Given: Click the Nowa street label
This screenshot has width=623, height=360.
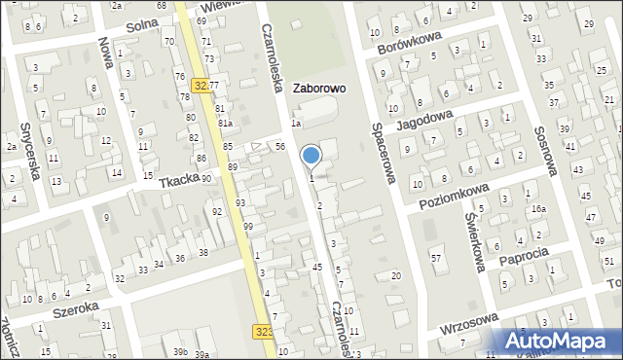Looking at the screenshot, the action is [105, 55].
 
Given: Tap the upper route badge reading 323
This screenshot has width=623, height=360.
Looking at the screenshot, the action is [202, 85].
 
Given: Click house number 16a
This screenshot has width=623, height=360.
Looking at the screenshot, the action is [538, 208].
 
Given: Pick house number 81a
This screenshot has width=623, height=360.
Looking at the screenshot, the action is [225, 124].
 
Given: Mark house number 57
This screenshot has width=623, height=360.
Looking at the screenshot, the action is [436, 257].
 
